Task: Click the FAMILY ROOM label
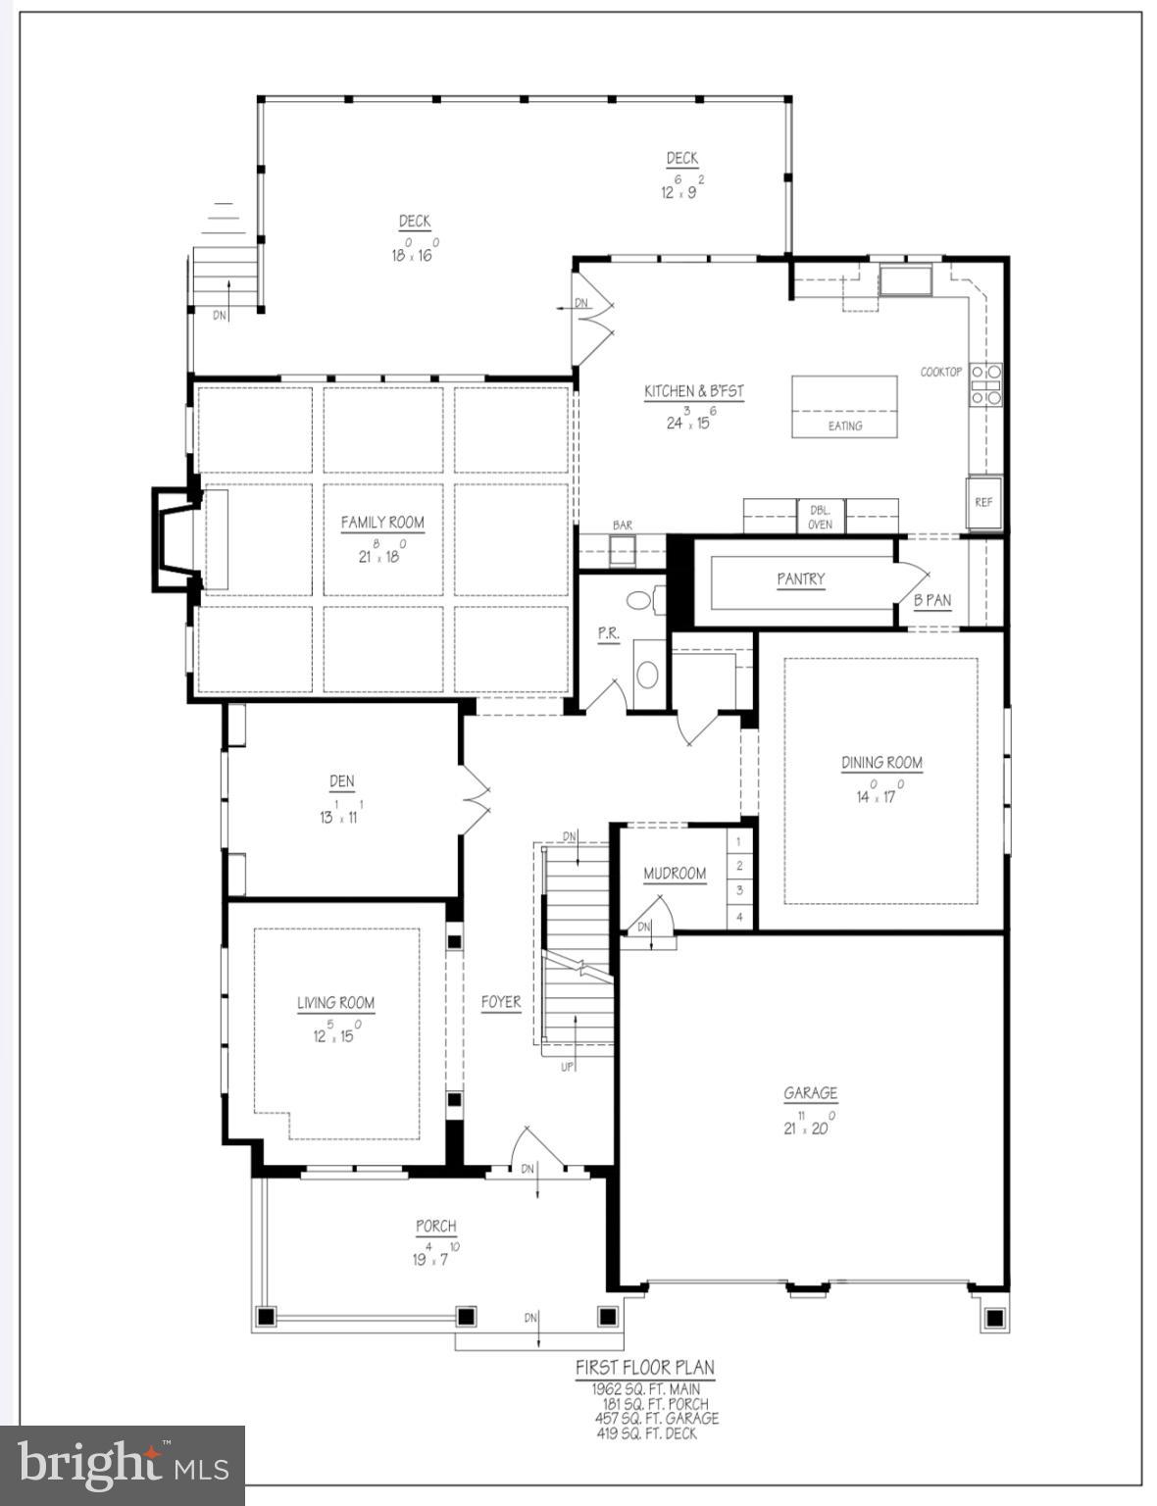[x=382, y=523]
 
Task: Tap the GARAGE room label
[x=810, y=1093]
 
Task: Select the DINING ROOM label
[x=881, y=763]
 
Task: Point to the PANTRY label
[x=801, y=579]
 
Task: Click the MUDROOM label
[x=675, y=874]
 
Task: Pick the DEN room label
[x=341, y=781]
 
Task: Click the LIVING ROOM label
[x=336, y=1003]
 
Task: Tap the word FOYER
[x=501, y=1002]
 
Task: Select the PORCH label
[x=436, y=1226]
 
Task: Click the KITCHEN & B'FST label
[x=694, y=391]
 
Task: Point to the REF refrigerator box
[x=983, y=502]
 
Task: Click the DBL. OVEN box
[x=821, y=517]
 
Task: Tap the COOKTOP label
[x=941, y=372]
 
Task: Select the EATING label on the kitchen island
[x=844, y=426]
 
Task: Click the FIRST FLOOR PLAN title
[x=644, y=1367]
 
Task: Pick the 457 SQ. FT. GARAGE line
[x=656, y=1418]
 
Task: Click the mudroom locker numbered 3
[x=739, y=890]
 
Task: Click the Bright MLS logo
[x=123, y=1465]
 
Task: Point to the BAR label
[x=623, y=526]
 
